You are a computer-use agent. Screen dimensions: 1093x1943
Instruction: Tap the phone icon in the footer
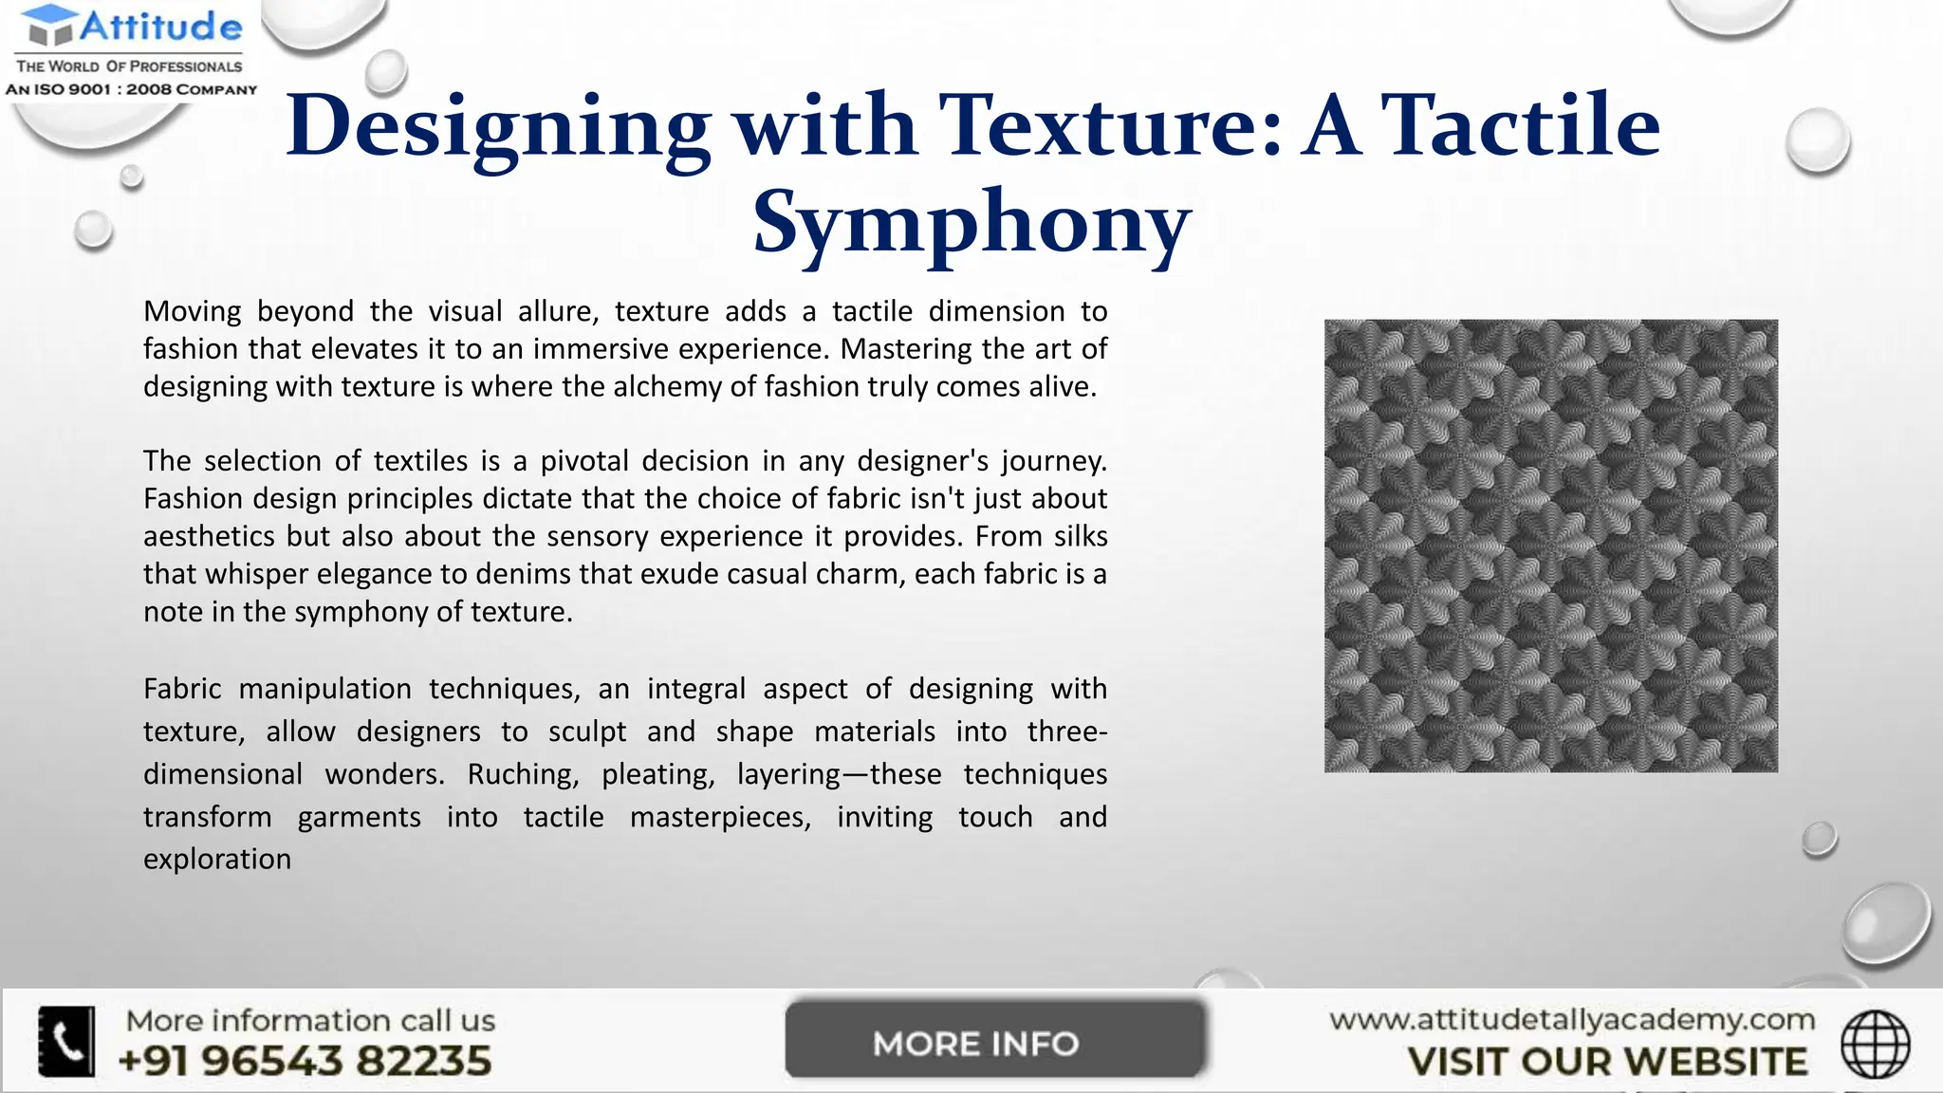[x=66, y=1041]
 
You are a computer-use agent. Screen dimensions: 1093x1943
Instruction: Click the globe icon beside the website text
[x=1875, y=1044]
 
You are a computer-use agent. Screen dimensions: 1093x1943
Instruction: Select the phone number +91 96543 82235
[x=305, y=1061]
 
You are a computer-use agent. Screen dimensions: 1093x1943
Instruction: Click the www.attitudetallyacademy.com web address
[x=1571, y=1020]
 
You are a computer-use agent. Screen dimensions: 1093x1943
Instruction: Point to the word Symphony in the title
[x=971, y=223]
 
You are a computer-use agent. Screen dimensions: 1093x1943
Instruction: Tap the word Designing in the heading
[x=497, y=127]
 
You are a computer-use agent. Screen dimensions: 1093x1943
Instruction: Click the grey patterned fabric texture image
[x=1550, y=546]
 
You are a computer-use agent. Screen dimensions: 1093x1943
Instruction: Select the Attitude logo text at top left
[x=159, y=27]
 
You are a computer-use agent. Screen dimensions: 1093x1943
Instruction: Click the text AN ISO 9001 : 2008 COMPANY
[x=131, y=89]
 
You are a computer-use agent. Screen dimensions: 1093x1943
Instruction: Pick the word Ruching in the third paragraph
[x=522, y=774]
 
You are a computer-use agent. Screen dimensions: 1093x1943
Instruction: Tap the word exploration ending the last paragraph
[x=217, y=859]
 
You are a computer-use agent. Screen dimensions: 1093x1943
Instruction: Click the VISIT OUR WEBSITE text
[x=1607, y=1062]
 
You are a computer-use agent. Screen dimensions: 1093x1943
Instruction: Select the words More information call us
[x=310, y=1021]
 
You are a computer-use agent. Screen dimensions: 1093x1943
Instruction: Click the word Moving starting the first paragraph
[x=193, y=311]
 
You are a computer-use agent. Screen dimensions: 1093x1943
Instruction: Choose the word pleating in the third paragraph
[x=657, y=774]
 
